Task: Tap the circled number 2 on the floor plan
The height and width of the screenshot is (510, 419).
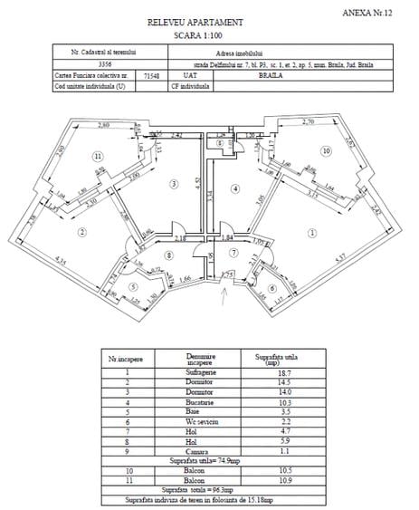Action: click(x=81, y=233)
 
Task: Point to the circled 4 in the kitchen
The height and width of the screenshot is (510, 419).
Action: click(x=233, y=188)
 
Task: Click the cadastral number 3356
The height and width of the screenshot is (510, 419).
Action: click(x=82, y=64)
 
